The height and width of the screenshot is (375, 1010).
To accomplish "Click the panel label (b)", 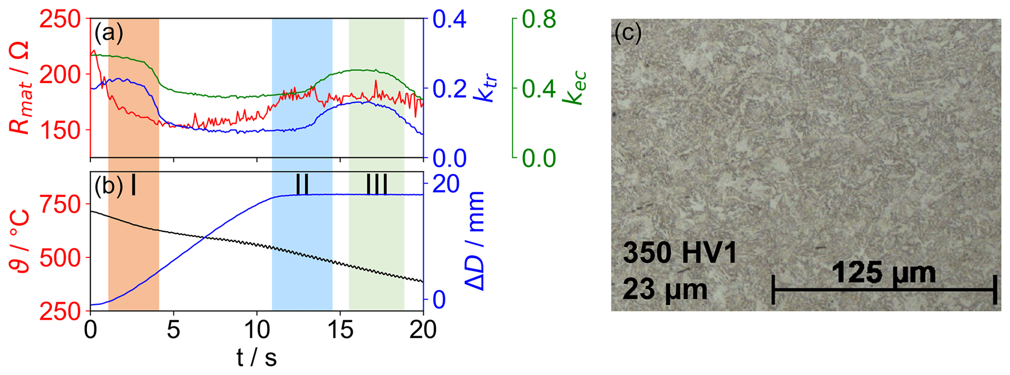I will (x=108, y=187).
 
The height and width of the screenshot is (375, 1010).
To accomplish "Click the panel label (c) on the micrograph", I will (x=628, y=34).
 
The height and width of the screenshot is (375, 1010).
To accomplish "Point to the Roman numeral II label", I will (x=302, y=185).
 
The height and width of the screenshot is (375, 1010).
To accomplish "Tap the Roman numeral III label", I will (x=377, y=185).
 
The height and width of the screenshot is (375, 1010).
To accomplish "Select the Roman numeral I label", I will (x=133, y=186).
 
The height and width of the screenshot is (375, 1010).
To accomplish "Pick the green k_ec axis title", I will (x=575, y=88).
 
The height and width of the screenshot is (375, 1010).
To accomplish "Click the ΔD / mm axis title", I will (x=474, y=241).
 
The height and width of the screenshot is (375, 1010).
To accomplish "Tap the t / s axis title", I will (x=257, y=358).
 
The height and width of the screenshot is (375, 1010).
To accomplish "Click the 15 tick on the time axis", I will (x=340, y=331).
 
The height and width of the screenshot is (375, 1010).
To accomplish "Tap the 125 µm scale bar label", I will (x=883, y=273).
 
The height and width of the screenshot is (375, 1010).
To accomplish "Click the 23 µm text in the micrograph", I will (x=665, y=290).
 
